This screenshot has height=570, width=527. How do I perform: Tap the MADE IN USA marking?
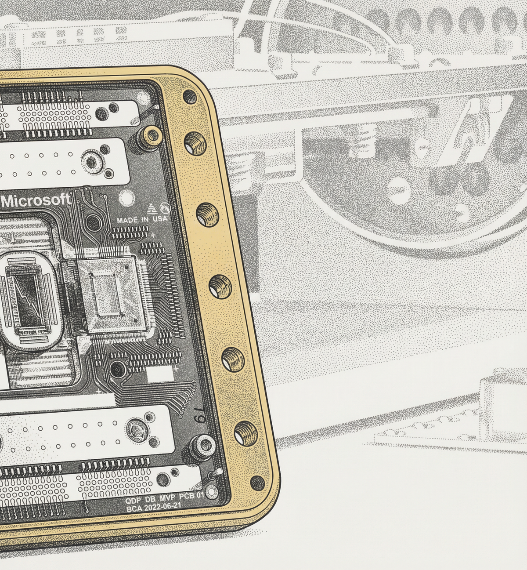click(x=142, y=219)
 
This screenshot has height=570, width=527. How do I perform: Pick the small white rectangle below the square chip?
click(x=160, y=374)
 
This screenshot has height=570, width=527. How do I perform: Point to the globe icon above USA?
click(x=165, y=207)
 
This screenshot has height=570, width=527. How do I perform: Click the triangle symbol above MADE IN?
click(x=152, y=208)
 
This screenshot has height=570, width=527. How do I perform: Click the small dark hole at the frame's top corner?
click(x=189, y=96)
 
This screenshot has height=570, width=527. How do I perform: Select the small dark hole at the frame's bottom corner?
click(x=256, y=483)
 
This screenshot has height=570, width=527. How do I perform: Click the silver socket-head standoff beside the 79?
click(x=202, y=444)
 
